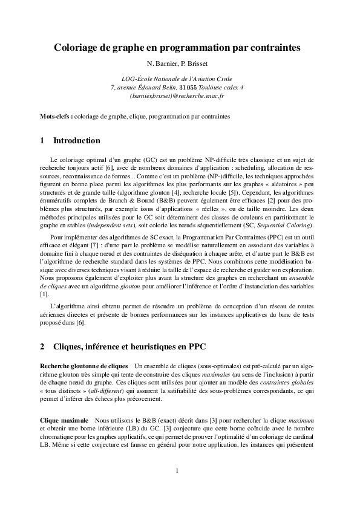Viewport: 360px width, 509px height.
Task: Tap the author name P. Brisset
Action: click(x=197, y=63)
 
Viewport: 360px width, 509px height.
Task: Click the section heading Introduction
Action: click(x=77, y=141)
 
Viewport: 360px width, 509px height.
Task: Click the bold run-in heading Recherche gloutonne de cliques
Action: click(x=83, y=366)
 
